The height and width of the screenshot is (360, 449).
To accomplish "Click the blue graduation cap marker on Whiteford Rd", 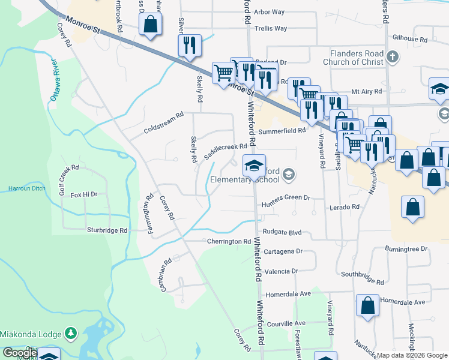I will [x=254, y=166].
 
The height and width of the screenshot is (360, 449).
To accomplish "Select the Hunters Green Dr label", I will [x=285, y=197].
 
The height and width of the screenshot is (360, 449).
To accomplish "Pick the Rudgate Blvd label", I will [x=281, y=232].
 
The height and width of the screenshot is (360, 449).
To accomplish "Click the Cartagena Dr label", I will [x=282, y=251].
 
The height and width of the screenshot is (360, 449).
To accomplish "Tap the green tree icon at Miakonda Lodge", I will [x=71, y=332].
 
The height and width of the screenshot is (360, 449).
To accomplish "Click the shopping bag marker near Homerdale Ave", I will [x=367, y=305].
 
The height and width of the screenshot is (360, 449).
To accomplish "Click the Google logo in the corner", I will [x=20, y=353].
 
